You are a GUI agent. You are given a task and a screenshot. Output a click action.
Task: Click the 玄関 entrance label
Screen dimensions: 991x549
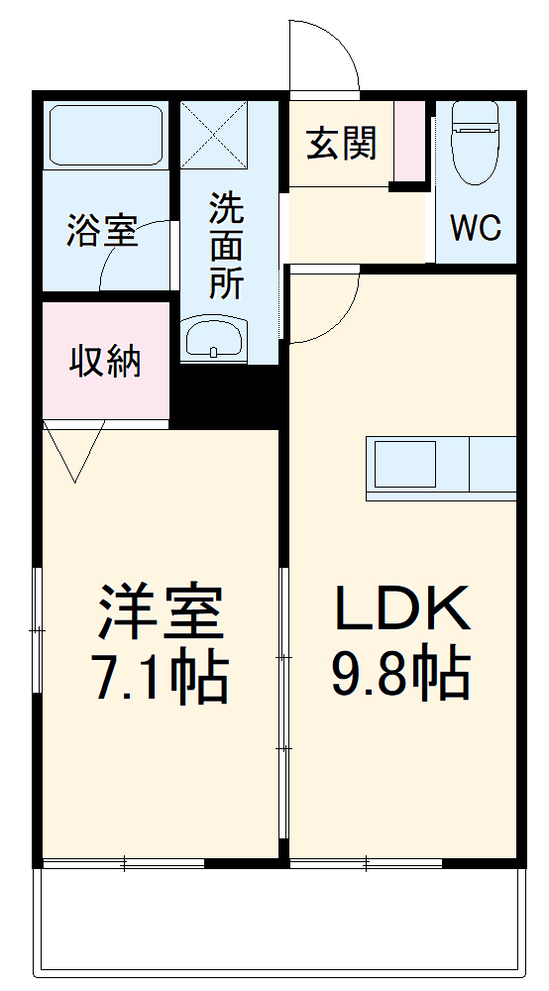341,144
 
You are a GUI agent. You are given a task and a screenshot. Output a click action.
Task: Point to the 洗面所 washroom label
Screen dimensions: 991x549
225,247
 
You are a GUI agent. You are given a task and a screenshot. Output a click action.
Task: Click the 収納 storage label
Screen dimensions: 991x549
105,362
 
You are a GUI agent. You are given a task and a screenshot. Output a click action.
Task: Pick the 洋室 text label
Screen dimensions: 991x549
159,613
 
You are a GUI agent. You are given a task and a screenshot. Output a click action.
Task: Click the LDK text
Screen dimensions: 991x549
401,609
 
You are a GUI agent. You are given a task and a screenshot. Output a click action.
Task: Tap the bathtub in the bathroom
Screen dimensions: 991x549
105,135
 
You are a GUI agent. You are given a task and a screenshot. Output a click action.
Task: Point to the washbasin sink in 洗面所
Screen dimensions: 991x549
215,337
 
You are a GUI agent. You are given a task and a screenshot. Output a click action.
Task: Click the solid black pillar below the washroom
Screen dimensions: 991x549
228,395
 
